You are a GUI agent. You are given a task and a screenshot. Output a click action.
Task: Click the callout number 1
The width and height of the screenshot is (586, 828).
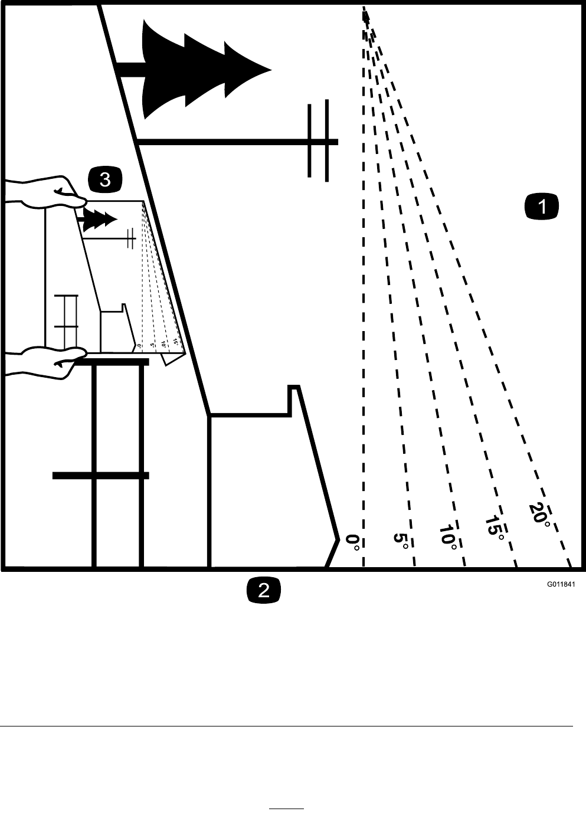(542, 207)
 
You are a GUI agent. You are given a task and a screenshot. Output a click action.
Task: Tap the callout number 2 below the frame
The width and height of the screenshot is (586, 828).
(263, 590)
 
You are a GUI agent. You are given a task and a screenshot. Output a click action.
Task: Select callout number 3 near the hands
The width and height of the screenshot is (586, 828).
(105, 179)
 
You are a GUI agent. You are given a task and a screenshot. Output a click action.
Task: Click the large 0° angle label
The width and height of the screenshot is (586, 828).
(352, 542)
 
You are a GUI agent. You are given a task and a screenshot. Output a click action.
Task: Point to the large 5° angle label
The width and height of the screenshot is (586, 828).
(401, 540)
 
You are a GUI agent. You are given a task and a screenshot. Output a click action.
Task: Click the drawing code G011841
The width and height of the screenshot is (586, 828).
(560, 585)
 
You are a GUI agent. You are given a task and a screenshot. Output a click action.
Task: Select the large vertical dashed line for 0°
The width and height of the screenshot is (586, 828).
(363, 295)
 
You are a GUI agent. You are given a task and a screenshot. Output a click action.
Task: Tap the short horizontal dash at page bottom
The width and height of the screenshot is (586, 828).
(286, 808)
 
